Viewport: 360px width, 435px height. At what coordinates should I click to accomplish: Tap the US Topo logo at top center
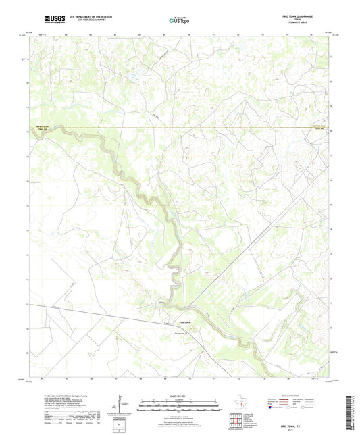[x=168, y=20]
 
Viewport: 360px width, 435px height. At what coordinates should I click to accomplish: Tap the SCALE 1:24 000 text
[x=179, y=395]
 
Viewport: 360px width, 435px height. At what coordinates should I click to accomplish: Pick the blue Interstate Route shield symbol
[x=270, y=409]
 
